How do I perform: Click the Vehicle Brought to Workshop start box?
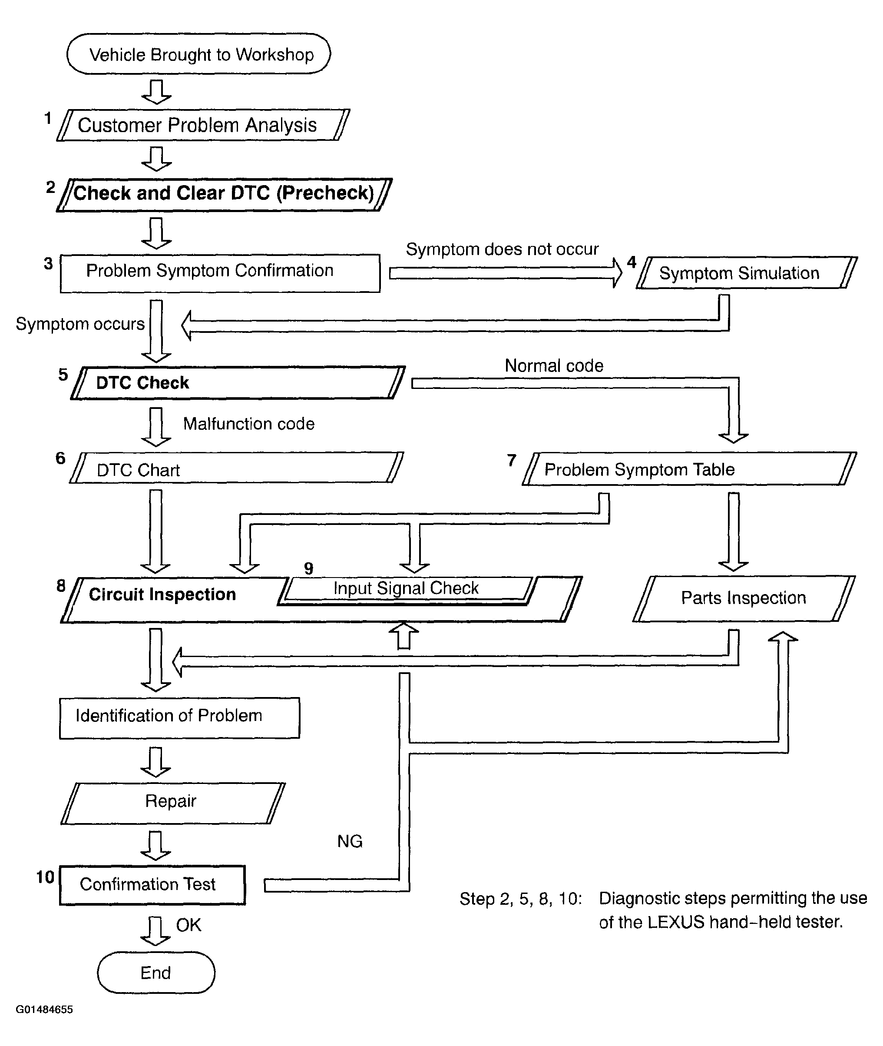pos(199,54)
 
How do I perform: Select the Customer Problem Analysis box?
pos(203,125)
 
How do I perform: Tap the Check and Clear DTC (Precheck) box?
pos(224,194)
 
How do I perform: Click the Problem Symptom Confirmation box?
pos(220,273)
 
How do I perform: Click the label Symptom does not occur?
pos(502,249)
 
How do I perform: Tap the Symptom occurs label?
pos(80,324)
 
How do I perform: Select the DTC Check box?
pos(238,383)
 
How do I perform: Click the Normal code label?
pos(554,365)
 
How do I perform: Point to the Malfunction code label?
pos(249,424)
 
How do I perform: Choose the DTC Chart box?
pos(236,468)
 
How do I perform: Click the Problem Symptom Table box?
pos(689,469)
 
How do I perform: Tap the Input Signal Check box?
pos(407,588)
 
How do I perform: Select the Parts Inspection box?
pos(744,598)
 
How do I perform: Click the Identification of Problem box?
pos(179,717)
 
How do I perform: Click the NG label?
pos(349,841)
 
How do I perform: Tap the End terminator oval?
pos(155,973)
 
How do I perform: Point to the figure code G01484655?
pos(44,1009)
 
